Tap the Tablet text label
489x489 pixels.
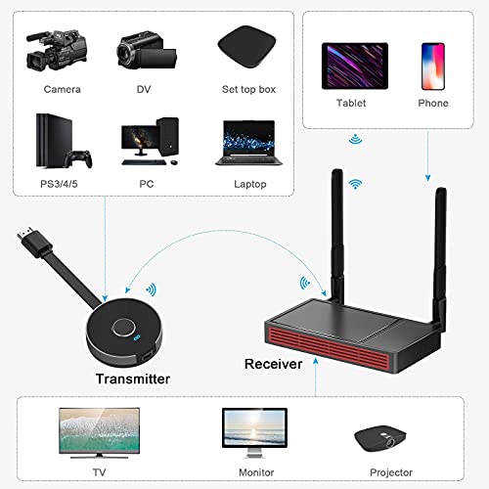(x=352, y=103)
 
